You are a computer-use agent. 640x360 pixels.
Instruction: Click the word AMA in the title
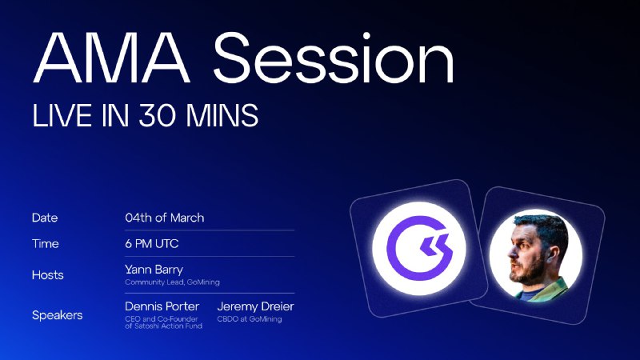(x=112, y=58)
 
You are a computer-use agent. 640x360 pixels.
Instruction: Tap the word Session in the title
(x=334, y=58)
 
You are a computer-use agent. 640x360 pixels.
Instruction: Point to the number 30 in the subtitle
(x=157, y=115)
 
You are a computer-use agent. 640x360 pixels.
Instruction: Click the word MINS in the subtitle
(x=222, y=115)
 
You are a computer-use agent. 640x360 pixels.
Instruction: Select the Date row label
(x=45, y=218)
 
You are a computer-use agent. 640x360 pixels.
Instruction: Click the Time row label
(x=46, y=244)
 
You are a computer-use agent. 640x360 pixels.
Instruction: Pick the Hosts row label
(x=48, y=274)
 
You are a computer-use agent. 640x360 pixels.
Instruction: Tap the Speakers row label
(x=57, y=315)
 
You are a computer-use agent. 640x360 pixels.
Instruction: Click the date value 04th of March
(x=165, y=218)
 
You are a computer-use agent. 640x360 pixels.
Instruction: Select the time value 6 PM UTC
(x=152, y=244)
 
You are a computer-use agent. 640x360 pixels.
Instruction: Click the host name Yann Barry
(x=154, y=270)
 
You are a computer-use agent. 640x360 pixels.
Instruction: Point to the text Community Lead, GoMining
(x=172, y=282)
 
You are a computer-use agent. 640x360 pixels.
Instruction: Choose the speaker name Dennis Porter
(x=162, y=306)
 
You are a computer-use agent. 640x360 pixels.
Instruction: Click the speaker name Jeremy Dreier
(x=255, y=306)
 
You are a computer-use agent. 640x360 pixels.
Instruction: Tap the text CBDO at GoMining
(x=250, y=318)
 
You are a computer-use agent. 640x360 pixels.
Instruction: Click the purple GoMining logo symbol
(x=419, y=248)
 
